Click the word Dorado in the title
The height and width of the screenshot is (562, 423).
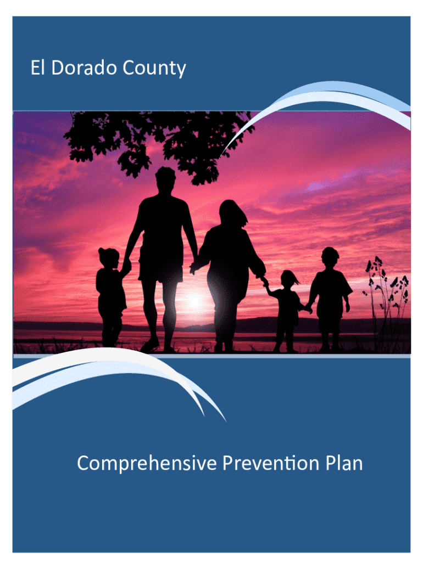(x=84, y=68)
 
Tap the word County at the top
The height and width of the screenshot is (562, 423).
(x=154, y=69)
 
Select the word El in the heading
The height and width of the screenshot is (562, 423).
(x=38, y=68)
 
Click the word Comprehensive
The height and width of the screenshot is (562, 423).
(x=147, y=463)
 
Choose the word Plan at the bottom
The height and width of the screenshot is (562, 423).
(x=344, y=463)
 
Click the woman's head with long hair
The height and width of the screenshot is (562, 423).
(x=232, y=214)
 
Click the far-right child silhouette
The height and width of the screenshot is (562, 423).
(x=330, y=298)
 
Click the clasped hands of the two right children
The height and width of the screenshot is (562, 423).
(x=308, y=307)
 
